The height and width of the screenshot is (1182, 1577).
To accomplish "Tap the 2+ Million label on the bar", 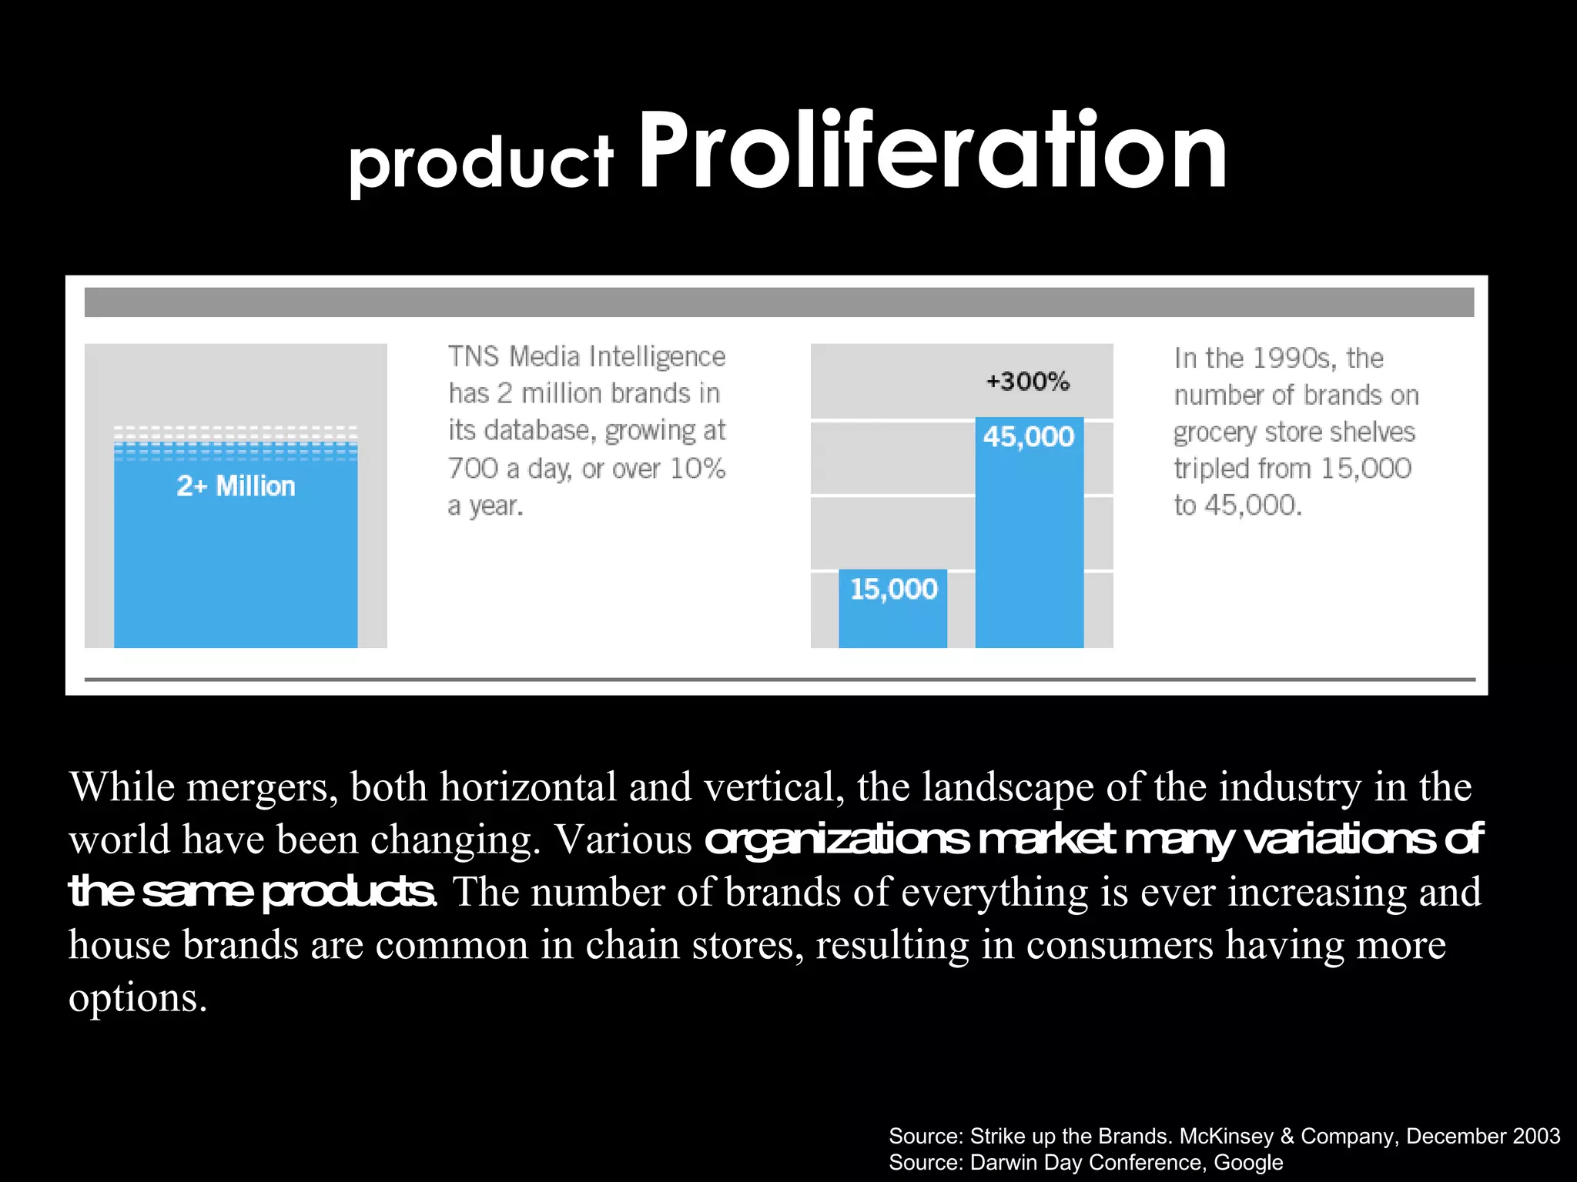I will point(236,486).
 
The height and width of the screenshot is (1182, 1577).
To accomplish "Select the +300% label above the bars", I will point(1028,381).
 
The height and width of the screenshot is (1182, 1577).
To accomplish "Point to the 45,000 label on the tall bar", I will point(1029,437).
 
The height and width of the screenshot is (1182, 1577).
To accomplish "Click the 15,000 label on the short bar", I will point(893,589).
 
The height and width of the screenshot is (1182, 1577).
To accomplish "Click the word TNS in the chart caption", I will point(474,357).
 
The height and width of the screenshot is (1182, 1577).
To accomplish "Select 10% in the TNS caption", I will point(697,469).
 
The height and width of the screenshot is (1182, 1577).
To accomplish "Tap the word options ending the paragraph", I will point(137,998).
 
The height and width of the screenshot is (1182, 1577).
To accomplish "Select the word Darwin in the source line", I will point(1004,1163).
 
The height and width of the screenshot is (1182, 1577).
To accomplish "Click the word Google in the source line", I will point(1248,1163).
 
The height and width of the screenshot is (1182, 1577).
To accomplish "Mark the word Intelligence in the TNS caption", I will point(656,357).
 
